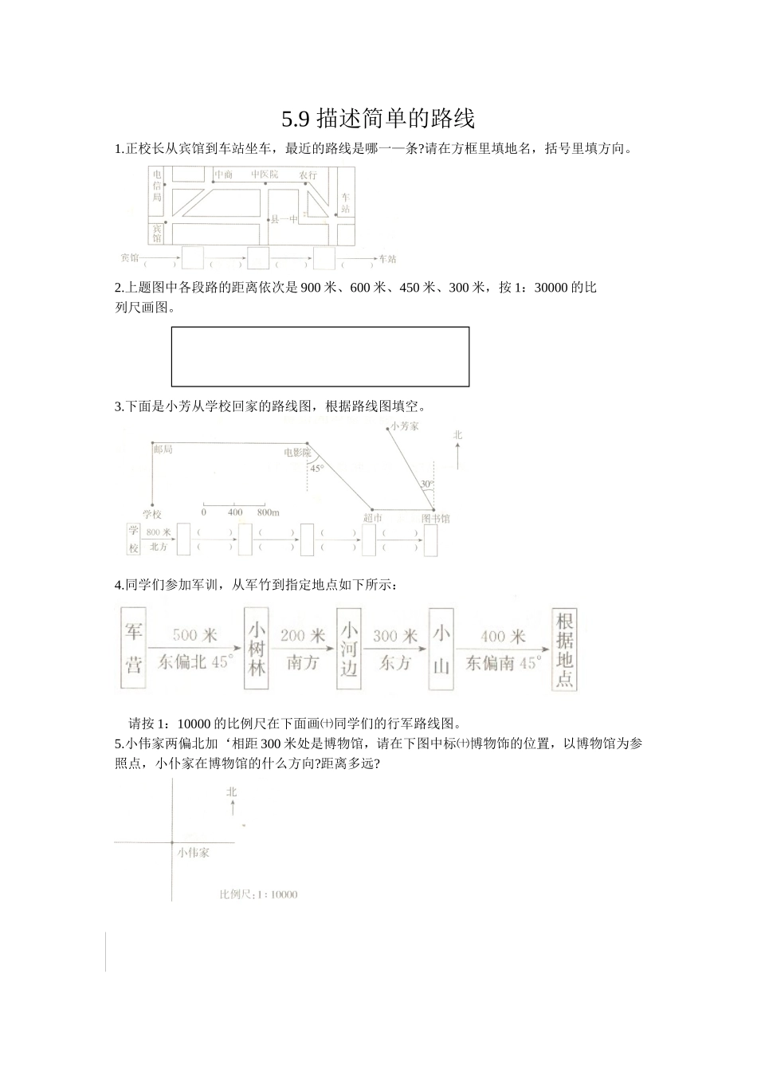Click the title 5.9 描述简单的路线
[378, 119]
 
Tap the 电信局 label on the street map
[157, 185]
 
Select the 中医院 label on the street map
[265, 174]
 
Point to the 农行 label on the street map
[308, 175]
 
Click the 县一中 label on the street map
[284, 218]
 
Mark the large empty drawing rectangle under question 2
[320, 356]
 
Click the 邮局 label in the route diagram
[163, 449]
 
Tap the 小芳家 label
[405, 426]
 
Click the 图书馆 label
[436, 518]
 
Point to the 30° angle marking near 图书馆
[427, 484]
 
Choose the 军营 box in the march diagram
[133, 648]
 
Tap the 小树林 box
[256, 648]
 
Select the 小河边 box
[348, 648]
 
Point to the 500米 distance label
[194, 635]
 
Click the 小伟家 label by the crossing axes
[194, 852]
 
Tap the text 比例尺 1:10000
[258, 894]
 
